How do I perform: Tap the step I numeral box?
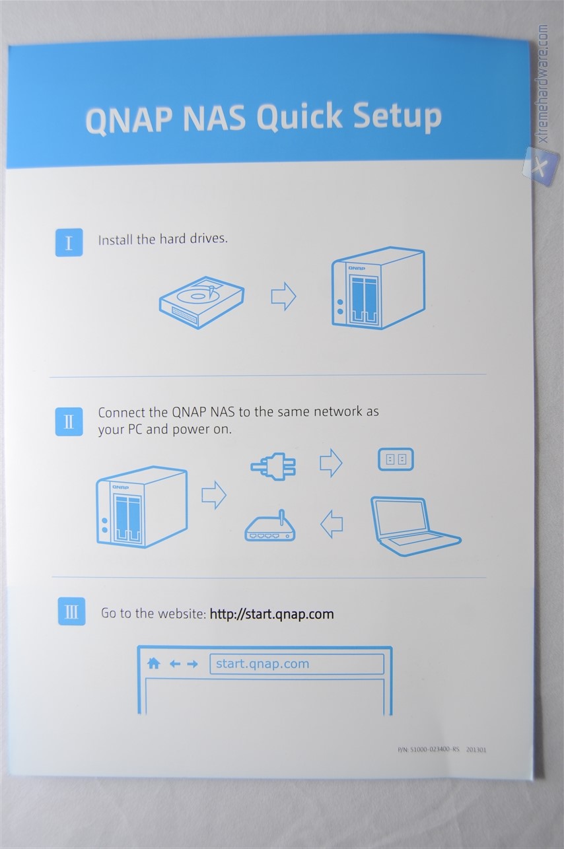tap(69, 242)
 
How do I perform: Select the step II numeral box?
tap(69, 421)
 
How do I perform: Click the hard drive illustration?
tap(201, 302)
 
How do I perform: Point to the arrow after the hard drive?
tap(283, 296)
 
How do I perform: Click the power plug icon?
tap(273, 465)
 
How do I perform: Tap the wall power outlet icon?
tap(396, 459)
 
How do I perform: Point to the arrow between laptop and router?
tap(332, 524)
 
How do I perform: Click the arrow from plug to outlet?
tap(331, 463)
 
